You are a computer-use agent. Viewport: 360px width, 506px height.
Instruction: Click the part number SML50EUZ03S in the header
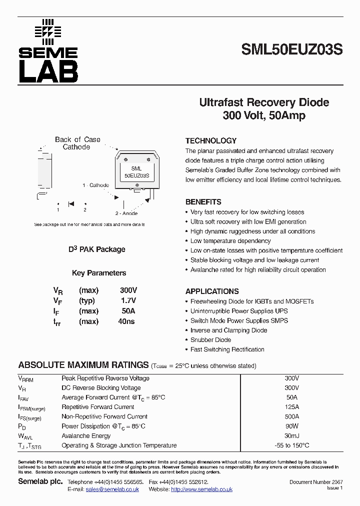coord(292,50)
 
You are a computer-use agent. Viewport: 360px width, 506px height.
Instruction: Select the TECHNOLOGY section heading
coord(210,141)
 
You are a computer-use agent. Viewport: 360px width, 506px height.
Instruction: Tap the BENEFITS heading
coord(203,202)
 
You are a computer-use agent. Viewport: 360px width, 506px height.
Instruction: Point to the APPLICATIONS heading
coord(212,291)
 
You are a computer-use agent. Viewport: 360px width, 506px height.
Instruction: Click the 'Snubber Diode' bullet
coord(210,340)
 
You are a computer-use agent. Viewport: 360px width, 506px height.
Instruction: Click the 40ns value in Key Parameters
coord(126,321)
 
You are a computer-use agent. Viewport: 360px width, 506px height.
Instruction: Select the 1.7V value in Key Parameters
coord(128,300)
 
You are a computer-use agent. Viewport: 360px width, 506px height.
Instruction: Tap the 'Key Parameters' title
coord(99,273)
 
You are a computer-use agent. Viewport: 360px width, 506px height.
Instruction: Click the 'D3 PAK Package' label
coord(96,249)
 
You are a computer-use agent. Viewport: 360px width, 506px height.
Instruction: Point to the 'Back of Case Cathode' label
coord(77,143)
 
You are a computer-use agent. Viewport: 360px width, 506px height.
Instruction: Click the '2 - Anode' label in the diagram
coord(126,213)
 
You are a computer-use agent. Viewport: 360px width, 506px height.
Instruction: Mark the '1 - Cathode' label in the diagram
coord(96,185)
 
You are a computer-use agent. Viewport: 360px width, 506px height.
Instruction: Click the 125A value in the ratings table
coord(291,407)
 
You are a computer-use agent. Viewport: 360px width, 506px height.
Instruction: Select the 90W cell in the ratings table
coord(291,426)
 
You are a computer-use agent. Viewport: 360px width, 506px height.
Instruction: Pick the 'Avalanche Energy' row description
coord(86,435)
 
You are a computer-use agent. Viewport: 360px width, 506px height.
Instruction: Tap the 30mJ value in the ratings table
coord(291,435)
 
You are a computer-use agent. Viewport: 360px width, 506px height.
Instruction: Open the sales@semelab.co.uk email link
coord(112,489)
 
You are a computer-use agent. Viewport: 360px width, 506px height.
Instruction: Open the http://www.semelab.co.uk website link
coord(201,489)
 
